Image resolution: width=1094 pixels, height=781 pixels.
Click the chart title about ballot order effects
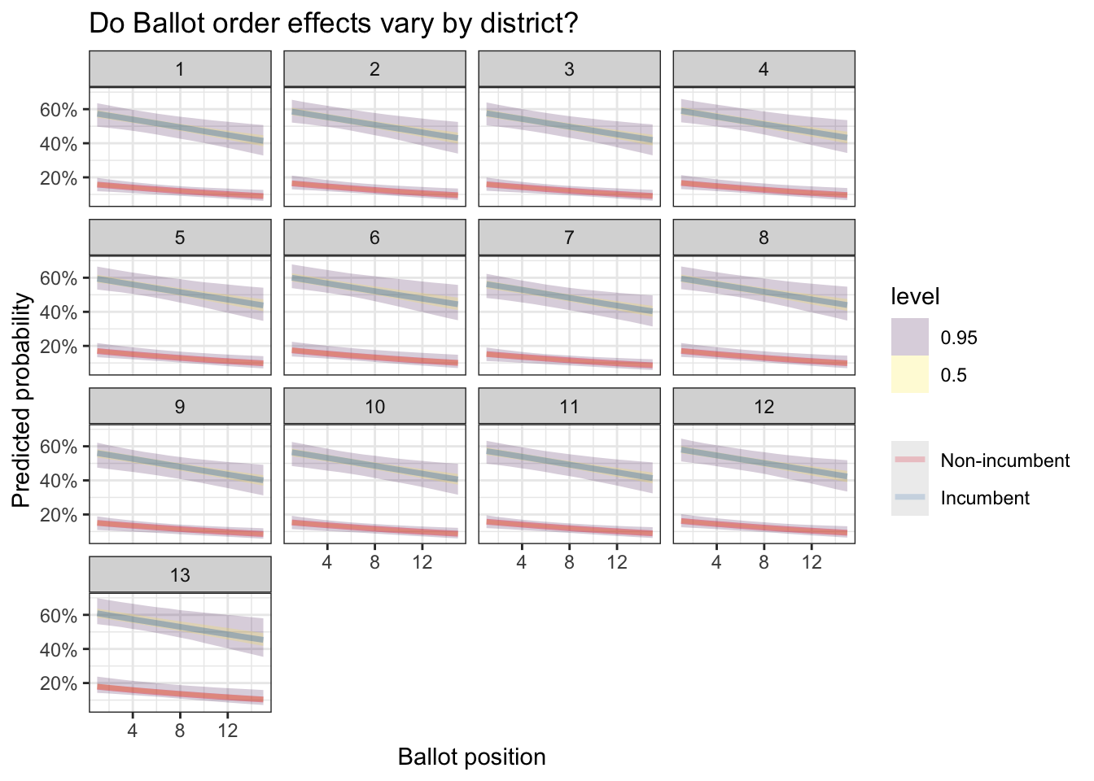coord(333,24)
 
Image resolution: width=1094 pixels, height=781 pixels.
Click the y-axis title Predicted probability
coord(22,400)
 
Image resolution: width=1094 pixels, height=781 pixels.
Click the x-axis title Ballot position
coord(471,757)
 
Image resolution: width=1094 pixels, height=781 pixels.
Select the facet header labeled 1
coord(180,69)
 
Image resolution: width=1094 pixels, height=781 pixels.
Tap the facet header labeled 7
coord(569,238)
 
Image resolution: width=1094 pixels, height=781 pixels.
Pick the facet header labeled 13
coord(180,575)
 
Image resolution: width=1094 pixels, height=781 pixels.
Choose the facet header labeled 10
coord(374,407)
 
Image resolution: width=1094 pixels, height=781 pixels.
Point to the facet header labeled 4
coord(764,69)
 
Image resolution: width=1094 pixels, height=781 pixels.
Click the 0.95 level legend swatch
coord(910,337)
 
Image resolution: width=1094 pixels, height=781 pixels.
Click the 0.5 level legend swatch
coord(910,374)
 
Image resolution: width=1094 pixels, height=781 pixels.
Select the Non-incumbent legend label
coord(1004,460)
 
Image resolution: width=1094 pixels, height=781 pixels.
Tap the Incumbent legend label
coord(985,498)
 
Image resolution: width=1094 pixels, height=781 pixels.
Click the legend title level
coord(915,297)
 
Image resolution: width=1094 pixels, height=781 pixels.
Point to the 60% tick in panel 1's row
coord(59,110)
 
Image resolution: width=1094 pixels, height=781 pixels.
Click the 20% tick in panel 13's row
coord(59,684)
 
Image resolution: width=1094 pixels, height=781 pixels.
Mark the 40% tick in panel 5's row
coord(59,312)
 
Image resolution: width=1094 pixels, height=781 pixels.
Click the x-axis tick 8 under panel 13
coord(180,731)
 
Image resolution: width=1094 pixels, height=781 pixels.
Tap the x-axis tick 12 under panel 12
coord(812,562)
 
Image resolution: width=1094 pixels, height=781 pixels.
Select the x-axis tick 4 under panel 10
coord(327,562)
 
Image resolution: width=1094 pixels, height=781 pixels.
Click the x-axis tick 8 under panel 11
coord(569,562)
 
